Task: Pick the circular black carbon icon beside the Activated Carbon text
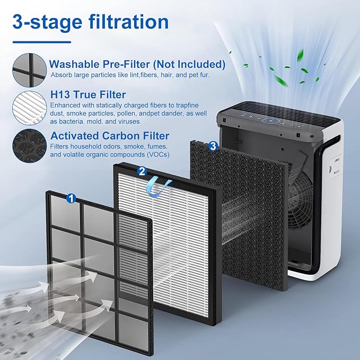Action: [x=29, y=144]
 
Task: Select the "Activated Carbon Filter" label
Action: [x=110, y=136]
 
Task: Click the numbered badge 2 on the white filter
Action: [x=141, y=171]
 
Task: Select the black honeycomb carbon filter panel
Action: [x=239, y=212]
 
